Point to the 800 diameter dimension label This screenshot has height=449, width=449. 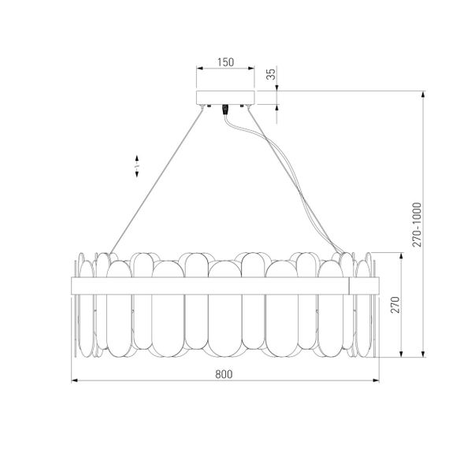[x=224, y=375]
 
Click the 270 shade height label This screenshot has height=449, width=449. [x=397, y=303]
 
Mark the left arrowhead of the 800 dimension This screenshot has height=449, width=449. [x=75, y=383]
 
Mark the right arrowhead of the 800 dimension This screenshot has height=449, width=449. [x=373, y=383]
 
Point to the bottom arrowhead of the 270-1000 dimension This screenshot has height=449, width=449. [x=425, y=353]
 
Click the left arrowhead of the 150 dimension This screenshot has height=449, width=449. [x=199, y=69]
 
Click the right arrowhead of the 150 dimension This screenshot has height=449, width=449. [x=254, y=69]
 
